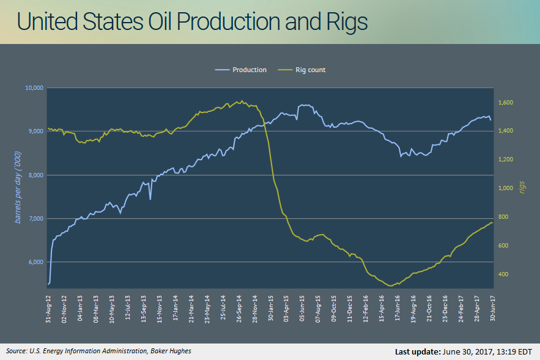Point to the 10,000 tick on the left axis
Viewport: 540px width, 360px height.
point(34,88)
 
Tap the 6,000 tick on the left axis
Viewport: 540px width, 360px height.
point(35,262)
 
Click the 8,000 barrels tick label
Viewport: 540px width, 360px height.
point(35,175)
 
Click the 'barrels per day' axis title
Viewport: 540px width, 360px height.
point(18,183)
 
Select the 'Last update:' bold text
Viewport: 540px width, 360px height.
point(416,352)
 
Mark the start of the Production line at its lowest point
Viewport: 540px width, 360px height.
point(48,284)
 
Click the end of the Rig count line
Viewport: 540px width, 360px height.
point(492,223)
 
